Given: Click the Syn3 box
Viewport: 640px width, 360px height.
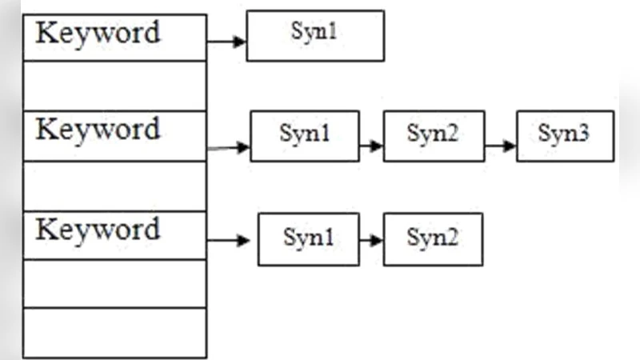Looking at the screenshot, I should click(565, 136).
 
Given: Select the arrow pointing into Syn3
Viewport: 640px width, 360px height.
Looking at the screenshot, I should click(501, 146).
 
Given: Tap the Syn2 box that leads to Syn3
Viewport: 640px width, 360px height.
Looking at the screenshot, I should click(434, 136).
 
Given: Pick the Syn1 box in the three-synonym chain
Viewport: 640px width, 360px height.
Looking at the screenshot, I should click(305, 136).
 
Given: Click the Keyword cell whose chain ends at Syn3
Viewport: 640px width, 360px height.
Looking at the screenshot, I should click(115, 136).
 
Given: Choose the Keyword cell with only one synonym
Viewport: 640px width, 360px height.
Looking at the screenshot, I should click(115, 37).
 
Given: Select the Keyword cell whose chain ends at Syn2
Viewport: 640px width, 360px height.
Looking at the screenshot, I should click(115, 235).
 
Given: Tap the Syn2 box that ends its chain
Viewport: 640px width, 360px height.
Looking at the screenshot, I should click(433, 238).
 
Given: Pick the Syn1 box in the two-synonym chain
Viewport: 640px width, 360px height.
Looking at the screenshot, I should click(308, 238).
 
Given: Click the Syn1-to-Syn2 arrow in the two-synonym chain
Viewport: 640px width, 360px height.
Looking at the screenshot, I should click(371, 239).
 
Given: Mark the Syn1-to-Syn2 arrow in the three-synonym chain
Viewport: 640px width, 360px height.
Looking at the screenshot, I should click(371, 146).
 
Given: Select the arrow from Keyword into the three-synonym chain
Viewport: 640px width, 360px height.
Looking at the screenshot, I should click(230, 147).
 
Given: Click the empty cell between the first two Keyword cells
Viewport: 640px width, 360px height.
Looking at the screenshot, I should click(115, 86).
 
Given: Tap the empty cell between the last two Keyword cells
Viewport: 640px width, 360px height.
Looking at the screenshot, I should click(115, 186).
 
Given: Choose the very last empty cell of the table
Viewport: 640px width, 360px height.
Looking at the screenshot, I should click(115, 333).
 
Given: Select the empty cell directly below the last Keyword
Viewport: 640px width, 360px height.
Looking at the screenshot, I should click(115, 283).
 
